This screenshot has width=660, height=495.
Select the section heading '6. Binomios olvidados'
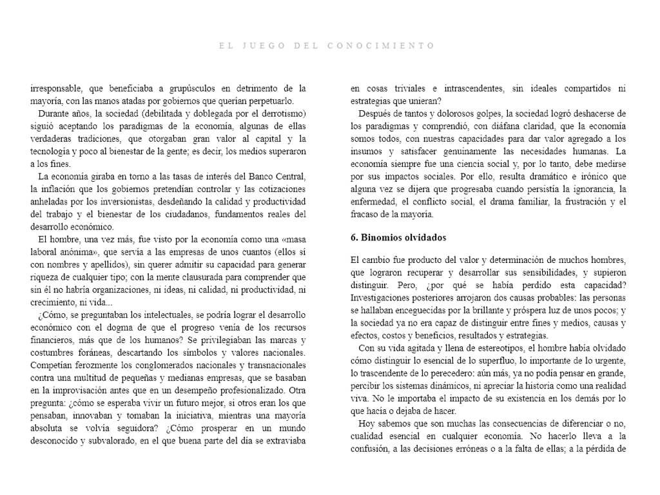pos(398,238)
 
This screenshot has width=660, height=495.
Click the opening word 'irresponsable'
pos(57,89)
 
